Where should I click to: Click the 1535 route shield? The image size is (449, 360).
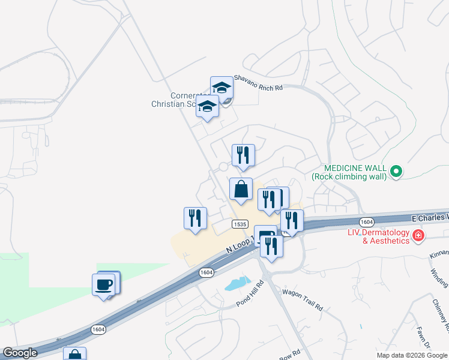pyautogui.click(x=240, y=224)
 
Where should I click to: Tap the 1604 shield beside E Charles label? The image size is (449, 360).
pyautogui.click(x=367, y=222)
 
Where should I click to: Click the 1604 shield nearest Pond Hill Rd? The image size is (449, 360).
pyautogui.click(x=206, y=272)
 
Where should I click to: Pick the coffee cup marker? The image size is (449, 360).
pyautogui.click(x=104, y=284)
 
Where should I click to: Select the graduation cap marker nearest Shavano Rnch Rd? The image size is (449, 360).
pyautogui.click(x=221, y=88)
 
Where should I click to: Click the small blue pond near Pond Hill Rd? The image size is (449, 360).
pyautogui.click(x=238, y=283)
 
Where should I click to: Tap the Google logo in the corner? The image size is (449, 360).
pyautogui.click(x=20, y=353)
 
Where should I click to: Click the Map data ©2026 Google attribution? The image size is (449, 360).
pyautogui.click(x=412, y=355)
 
